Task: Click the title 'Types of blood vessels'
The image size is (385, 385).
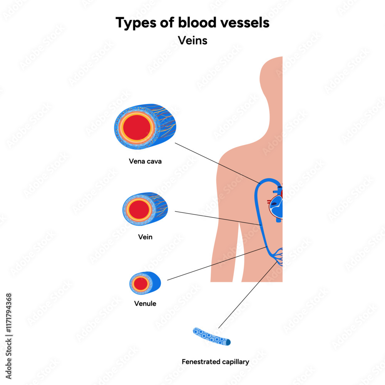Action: click(192, 23)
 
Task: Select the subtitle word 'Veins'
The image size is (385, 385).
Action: click(192, 40)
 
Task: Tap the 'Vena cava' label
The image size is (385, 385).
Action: click(145, 161)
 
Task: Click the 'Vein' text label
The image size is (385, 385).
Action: click(145, 237)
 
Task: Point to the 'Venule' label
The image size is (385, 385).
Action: click(145, 303)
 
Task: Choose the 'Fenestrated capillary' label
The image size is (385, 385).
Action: click(215, 362)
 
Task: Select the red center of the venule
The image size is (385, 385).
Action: click(141, 284)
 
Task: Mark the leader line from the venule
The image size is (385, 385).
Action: click(216, 264)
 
